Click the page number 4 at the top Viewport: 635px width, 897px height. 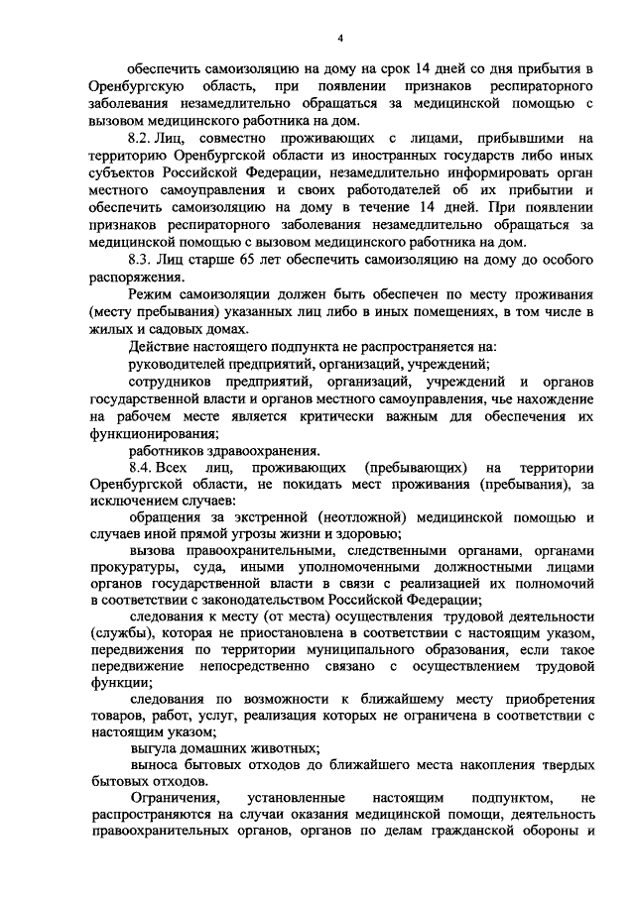pos(339,38)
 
